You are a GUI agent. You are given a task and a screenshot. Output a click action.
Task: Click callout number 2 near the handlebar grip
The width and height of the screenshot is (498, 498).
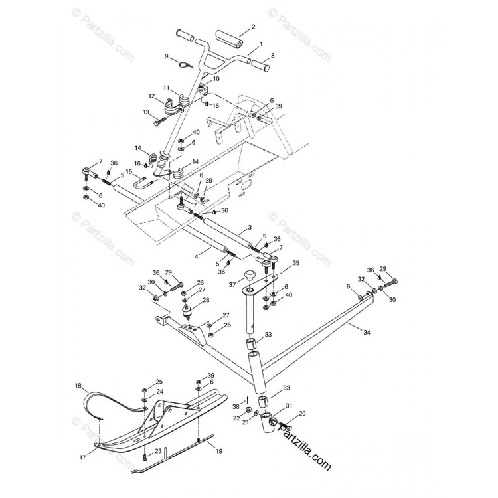tap(253, 27)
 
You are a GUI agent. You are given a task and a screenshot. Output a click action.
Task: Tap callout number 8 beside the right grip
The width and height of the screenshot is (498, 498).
tap(272, 56)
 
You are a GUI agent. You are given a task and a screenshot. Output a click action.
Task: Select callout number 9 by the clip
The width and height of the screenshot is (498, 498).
tap(167, 56)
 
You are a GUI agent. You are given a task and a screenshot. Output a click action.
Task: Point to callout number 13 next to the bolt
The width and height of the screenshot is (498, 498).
tap(146, 112)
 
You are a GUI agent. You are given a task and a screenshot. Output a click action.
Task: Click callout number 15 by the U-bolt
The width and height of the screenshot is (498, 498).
tap(129, 171)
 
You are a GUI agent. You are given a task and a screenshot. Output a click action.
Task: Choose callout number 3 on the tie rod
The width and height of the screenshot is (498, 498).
tap(250, 227)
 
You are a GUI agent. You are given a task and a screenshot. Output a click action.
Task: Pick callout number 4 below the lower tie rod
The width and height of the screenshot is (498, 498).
tap(197, 256)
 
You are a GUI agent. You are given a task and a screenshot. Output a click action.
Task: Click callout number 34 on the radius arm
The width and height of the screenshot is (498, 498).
tap(367, 333)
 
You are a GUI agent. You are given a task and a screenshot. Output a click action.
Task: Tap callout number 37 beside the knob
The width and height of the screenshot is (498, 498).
tap(232, 285)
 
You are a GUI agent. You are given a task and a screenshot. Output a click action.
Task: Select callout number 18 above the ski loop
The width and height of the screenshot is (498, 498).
tap(78, 386)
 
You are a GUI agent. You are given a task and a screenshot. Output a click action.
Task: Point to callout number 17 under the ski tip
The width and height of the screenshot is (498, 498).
tap(82, 457)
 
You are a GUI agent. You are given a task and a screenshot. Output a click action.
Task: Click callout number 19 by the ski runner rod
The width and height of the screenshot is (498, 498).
tap(219, 451)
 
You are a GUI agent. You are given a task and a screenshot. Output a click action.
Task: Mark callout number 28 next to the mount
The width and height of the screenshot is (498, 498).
tap(206, 300)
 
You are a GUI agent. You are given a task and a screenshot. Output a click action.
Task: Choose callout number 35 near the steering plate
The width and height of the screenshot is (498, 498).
tap(296, 263)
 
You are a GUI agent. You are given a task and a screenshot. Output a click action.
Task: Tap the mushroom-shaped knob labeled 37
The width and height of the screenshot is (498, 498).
tap(250, 274)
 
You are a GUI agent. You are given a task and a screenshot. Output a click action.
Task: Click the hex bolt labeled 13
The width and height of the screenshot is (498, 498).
tap(161, 122)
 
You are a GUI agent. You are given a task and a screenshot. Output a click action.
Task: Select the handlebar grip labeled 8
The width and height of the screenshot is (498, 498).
tap(260, 65)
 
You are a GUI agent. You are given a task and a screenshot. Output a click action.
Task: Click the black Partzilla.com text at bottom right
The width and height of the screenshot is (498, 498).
tap(305, 448)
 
